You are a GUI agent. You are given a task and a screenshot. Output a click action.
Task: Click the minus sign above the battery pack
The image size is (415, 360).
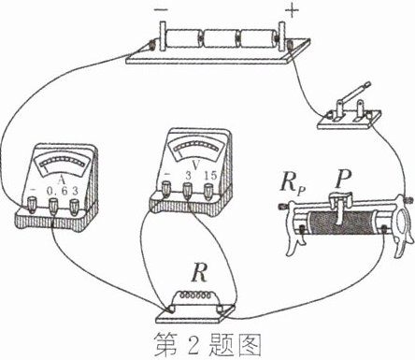161,9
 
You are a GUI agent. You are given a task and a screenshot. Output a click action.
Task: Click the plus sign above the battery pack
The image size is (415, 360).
293,10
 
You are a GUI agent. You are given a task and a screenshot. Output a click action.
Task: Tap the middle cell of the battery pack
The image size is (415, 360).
221,38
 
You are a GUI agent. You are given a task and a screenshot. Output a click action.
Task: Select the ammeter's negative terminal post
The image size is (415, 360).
32,205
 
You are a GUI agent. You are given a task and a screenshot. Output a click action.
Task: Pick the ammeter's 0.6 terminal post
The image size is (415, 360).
53,207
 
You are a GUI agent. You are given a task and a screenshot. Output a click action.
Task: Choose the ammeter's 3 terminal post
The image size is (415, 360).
74,208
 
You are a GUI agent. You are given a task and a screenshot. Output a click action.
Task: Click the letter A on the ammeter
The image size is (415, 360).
61,180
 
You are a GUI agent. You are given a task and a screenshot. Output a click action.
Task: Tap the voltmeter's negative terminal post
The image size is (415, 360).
166,189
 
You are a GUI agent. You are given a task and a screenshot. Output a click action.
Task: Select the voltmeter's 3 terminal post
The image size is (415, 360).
187,190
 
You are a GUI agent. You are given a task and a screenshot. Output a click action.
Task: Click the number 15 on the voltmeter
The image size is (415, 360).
210,176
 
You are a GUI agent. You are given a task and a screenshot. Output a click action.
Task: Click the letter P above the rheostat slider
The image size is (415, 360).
342,180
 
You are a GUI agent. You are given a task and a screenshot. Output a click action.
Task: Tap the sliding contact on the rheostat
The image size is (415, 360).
340,207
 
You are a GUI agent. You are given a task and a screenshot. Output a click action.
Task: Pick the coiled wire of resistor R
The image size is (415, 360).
194,295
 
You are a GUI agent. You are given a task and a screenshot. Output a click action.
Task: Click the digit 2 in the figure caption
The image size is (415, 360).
193,346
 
